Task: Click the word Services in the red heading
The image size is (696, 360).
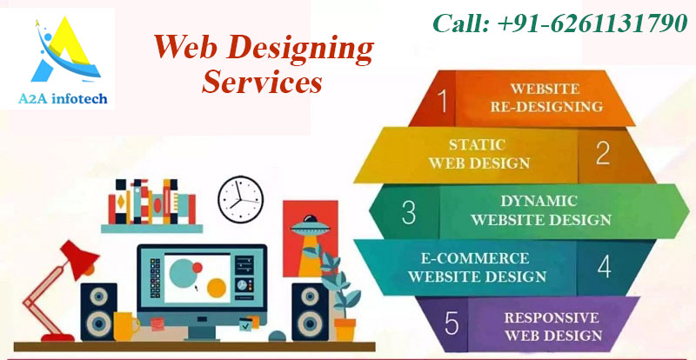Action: pos(262,83)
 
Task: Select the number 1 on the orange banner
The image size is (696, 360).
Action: pos(444,101)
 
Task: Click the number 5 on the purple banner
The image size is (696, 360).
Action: pos(452,323)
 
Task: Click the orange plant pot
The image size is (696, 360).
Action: pos(345,329)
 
